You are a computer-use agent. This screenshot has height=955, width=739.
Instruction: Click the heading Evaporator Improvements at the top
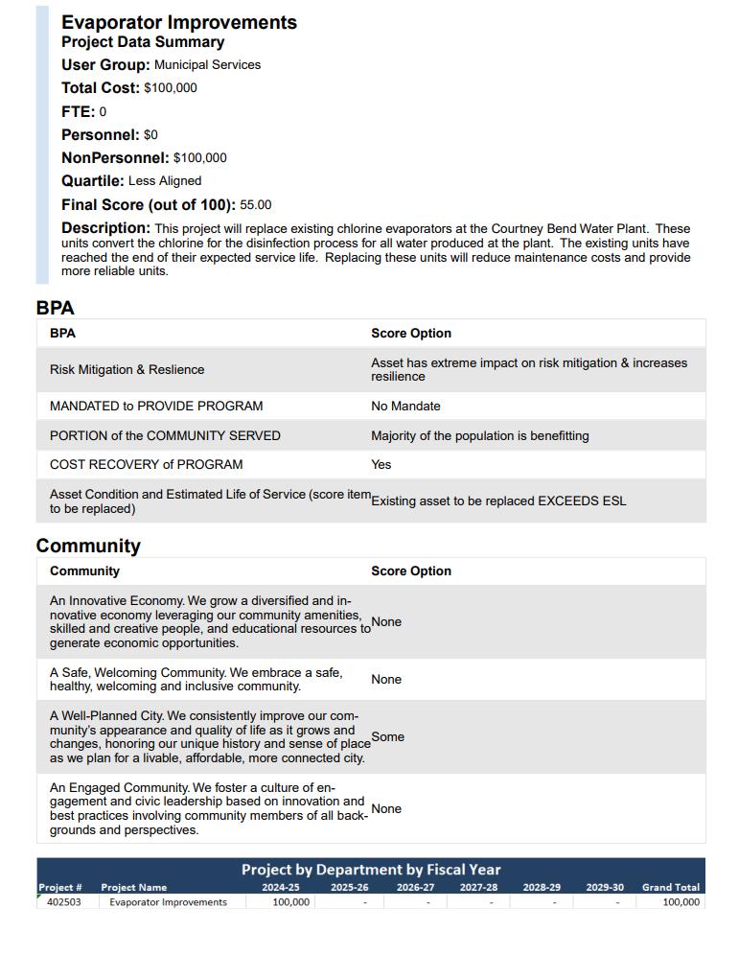coord(179,22)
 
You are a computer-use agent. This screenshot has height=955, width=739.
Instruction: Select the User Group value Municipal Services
coord(207,65)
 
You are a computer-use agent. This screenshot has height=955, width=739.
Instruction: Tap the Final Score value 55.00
coord(256,205)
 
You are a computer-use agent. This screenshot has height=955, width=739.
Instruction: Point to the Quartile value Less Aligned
coord(165,181)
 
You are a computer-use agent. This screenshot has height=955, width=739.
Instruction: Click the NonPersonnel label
coord(115,158)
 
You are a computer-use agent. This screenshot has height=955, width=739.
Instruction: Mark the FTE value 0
coord(103,112)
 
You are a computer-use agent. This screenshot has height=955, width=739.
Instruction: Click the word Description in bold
coord(105,228)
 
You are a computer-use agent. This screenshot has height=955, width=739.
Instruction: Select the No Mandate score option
coord(405,407)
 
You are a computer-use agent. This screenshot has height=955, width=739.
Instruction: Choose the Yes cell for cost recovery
coord(381,465)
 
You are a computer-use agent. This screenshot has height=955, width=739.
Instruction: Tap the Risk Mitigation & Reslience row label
coord(127,370)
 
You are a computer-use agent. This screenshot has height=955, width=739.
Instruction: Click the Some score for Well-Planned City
coord(387,737)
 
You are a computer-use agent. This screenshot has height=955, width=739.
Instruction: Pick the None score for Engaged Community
coord(386,809)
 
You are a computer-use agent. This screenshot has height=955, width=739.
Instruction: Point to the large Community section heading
coord(88,546)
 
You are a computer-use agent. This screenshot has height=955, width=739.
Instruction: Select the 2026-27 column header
coord(415,888)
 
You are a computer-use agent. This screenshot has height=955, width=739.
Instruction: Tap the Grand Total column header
coord(671,888)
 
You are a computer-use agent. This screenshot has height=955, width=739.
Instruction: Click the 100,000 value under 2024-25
coord(290,902)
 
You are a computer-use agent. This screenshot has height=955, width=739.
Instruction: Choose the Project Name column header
coord(133,888)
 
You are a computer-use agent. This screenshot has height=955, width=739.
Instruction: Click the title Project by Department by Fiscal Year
coord(371,870)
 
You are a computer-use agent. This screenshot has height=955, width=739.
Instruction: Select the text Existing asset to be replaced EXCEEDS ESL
coord(498,501)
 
